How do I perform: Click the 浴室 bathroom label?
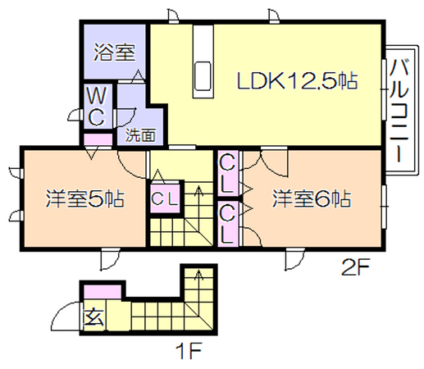[x=114, y=52]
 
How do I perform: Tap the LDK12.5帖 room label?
[x=297, y=80]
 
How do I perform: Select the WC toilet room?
[x=97, y=107]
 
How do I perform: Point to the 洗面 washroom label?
[x=140, y=134]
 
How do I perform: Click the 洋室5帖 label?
[x=84, y=198]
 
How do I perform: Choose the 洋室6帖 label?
[x=312, y=198]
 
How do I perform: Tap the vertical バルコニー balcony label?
[x=399, y=111]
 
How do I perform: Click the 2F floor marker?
[x=356, y=267]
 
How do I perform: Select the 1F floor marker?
[x=189, y=351]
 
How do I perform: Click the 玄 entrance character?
[x=93, y=317]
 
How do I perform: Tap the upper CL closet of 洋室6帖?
[x=227, y=173]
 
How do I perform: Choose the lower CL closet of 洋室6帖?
[x=227, y=224]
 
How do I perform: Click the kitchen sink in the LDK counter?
[x=203, y=76]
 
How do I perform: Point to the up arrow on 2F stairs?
[x=198, y=191]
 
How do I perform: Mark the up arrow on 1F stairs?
[x=198, y=276]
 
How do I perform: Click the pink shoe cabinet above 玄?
[x=103, y=292]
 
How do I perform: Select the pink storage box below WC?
[x=98, y=139]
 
